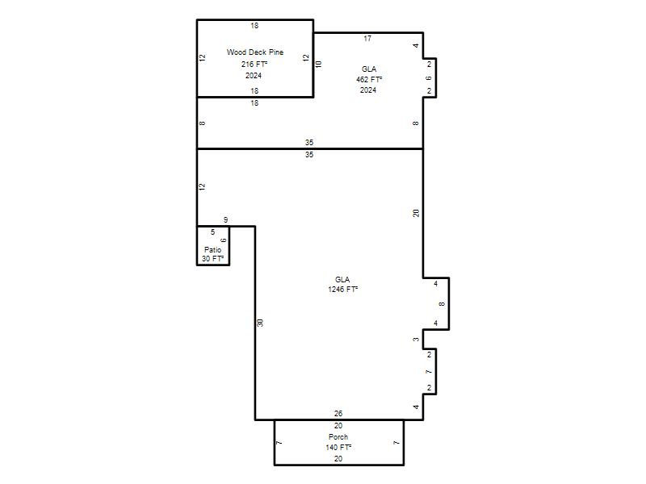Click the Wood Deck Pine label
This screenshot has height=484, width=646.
255,52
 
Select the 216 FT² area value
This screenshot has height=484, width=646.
254,65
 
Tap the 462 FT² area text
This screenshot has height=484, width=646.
369,79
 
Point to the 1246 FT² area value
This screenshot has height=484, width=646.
342,290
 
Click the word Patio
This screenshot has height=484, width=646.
212,250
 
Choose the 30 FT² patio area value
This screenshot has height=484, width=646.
212,259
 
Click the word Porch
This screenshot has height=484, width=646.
338,437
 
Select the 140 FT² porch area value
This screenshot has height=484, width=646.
338,448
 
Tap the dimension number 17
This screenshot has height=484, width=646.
367,39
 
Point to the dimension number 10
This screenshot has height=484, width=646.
318,65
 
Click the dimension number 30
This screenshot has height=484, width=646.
260,323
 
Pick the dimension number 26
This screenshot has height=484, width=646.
338,414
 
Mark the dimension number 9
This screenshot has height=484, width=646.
226,220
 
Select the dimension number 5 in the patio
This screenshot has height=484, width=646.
212,232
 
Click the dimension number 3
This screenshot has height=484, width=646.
416,340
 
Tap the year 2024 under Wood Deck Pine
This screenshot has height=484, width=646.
254,76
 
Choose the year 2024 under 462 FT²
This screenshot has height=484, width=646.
368,90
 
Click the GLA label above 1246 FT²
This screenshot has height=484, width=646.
342,279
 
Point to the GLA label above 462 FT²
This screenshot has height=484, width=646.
369,69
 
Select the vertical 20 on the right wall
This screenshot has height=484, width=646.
416,213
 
